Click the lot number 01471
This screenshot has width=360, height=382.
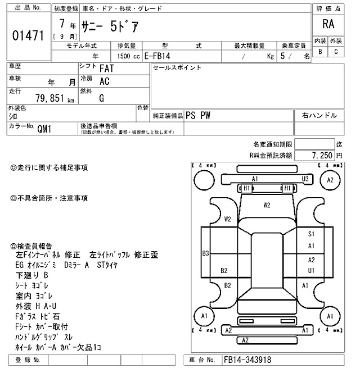(x=28, y=36)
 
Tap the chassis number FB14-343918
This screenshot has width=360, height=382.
(x=247, y=359)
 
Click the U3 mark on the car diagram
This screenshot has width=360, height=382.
(x=305, y=179)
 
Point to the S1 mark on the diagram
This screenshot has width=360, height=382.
(x=310, y=234)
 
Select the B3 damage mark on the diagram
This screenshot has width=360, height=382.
(x=206, y=253)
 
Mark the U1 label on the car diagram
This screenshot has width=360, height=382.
(x=310, y=270)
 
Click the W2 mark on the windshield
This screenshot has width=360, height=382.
(x=267, y=205)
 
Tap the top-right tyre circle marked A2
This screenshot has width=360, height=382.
(x=330, y=180)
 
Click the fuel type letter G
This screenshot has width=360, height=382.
(x=101, y=97)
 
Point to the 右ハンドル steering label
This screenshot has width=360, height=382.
(x=319, y=116)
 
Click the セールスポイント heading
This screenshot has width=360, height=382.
(x=177, y=68)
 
